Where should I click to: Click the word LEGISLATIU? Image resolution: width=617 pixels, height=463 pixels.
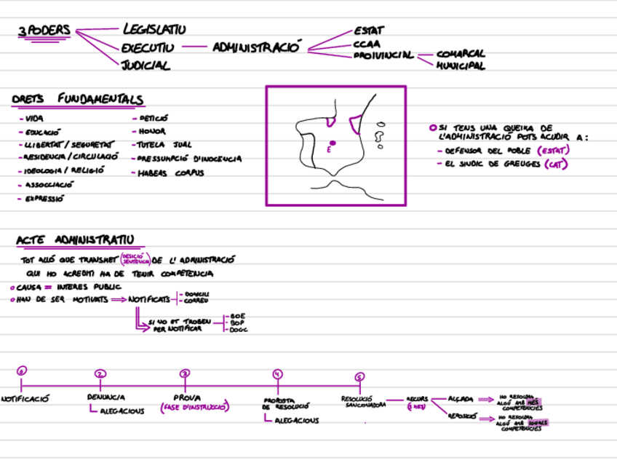pos(154,30)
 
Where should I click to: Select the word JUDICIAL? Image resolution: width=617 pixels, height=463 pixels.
pos(146,66)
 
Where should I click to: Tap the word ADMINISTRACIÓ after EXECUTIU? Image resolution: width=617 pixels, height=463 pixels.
pos(257,48)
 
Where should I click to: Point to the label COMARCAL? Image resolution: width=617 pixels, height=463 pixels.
pos(461,54)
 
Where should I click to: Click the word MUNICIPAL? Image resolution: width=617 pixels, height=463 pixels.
pos(461,66)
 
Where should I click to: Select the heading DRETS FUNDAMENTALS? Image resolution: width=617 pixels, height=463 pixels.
pos(77,100)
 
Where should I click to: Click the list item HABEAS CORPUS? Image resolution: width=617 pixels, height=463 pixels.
pos(171,173)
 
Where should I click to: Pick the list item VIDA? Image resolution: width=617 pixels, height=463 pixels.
pos(33,119)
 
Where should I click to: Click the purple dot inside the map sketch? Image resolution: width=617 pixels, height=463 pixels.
pos(332,143)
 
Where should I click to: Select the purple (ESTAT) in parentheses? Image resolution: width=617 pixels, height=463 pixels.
pos(552,151)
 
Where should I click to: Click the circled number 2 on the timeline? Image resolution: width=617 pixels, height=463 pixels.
pos(100,373)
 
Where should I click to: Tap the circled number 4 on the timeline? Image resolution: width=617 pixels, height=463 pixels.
pos(277,374)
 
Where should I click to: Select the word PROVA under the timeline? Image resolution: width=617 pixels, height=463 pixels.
pos(187,397)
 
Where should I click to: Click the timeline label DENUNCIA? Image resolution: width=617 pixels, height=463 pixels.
pos(106,397)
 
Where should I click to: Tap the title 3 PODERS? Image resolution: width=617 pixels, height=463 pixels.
pos(44,31)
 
